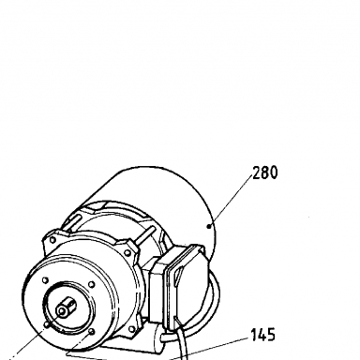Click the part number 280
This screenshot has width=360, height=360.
(x=264, y=172)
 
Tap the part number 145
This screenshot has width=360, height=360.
(x=263, y=335)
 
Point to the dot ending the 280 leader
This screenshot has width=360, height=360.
(x=209, y=226)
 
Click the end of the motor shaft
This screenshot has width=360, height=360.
(x=61, y=311)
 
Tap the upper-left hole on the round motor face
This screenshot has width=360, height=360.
(x=45, y=279)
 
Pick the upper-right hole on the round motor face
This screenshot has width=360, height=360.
(x=91, y=284)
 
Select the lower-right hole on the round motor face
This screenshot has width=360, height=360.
(x=92, y=331)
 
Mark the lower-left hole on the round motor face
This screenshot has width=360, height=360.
(x=47, y=325)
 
